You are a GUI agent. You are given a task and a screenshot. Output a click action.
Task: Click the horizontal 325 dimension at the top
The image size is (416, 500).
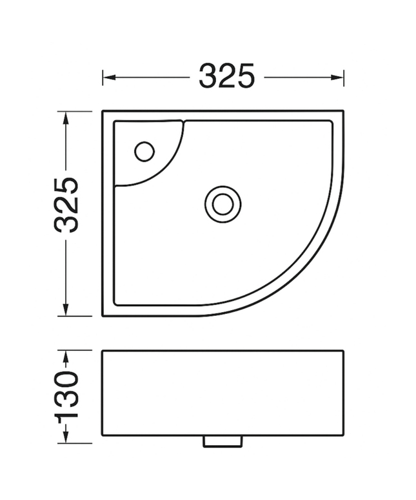[x=226, y=76]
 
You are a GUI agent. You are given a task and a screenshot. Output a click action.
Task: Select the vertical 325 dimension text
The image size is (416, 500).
[x=66, y=203]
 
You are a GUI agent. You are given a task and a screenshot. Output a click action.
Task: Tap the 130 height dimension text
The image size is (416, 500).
[x=66, y=395]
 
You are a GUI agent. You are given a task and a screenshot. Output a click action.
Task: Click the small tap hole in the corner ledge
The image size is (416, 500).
[x=144, y=151]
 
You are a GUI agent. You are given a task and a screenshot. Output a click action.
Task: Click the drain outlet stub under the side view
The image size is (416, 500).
[x=223, y=441]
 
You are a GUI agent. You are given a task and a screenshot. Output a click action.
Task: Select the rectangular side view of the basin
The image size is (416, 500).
[x=223, y=393]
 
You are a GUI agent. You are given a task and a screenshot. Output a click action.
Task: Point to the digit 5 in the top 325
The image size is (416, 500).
[x=245, y=76]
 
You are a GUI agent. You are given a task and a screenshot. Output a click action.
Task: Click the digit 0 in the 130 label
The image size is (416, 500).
[x=66, y=380]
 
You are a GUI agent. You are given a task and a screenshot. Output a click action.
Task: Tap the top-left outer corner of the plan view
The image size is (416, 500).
[x=103, y=111]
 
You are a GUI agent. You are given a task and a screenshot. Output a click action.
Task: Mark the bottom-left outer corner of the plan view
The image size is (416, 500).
[x=103, y=316]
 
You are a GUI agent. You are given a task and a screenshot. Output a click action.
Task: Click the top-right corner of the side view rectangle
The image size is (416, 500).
[x=343, y=351]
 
